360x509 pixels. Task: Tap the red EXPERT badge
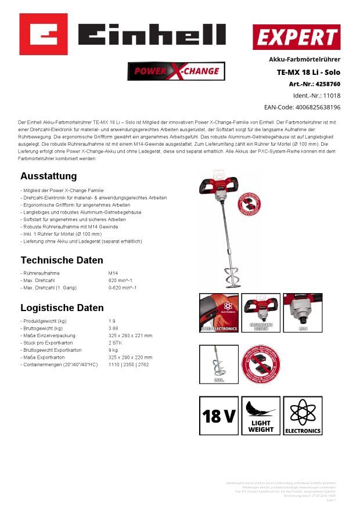296,37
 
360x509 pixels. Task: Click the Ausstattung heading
48,176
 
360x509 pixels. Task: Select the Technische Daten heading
62,260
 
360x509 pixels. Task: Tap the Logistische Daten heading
62,308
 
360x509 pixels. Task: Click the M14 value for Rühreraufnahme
113,273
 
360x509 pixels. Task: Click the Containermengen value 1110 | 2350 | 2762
128,364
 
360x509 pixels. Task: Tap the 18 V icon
218,416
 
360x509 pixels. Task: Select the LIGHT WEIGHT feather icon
261,416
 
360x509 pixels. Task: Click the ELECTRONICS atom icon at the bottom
303,416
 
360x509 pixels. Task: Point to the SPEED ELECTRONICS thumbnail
219,312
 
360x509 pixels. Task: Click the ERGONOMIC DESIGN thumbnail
261,312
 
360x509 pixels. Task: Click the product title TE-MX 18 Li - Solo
308,72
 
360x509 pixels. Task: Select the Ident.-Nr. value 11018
332,96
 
